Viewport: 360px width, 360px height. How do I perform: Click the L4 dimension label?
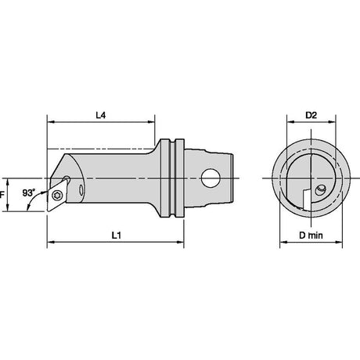click(101, 115)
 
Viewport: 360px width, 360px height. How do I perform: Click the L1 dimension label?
click(117, 236)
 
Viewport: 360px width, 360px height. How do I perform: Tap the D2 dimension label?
click(311, 115)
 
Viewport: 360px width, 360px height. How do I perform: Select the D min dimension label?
click(311, 236)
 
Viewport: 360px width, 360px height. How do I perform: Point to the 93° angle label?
click(28, 193)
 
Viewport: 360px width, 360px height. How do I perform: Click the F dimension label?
click(2, 195)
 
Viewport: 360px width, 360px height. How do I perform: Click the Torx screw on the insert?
click(57, 196)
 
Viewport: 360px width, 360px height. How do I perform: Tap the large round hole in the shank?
click(211, 178)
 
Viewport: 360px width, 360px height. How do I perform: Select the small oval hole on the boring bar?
click(81, 190)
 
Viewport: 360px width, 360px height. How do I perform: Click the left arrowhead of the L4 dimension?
click(51, 122)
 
